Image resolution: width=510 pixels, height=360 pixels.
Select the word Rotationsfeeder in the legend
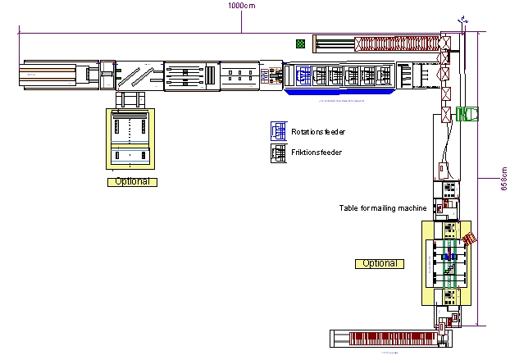[318, 131]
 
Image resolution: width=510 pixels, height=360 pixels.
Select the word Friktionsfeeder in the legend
[316, 153]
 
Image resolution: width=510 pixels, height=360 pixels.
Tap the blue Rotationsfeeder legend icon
[279, 131]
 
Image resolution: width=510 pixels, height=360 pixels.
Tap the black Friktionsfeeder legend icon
[279, 153]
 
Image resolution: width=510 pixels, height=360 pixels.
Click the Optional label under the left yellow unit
[131, 181]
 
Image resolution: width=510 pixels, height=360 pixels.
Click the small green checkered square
[302, 43]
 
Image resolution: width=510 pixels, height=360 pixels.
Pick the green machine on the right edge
[467, 114]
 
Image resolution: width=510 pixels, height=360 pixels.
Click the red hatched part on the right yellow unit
[469, 239]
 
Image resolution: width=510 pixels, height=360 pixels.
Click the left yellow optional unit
[131, 140]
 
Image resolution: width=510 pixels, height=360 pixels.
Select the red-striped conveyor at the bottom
[390, 337]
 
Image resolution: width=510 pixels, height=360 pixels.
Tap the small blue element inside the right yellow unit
[448, 257]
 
